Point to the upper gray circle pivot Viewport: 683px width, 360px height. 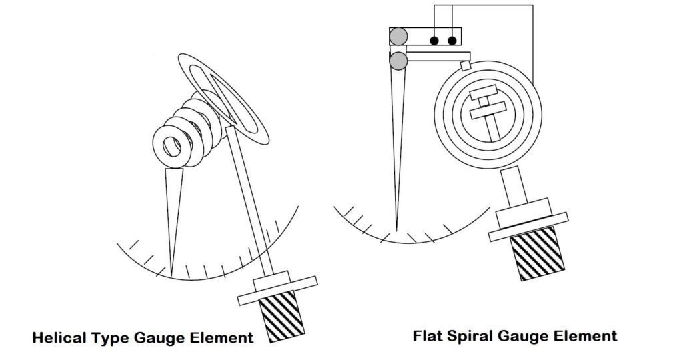coord(398,36)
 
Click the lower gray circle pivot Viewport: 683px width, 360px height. coord(398,61)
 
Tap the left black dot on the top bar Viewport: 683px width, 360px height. coord(434,41)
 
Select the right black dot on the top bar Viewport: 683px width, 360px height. coord(452,41)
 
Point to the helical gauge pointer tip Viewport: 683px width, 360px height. coord(171,275)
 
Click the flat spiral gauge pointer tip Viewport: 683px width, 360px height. coord(396,230)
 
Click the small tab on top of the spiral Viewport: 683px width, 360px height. coord(465,66)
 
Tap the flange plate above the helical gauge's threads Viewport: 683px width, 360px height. coord(277,291)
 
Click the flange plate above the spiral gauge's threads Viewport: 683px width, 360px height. coord(528,227)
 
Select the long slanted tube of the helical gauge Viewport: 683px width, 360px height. coord(250,201)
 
